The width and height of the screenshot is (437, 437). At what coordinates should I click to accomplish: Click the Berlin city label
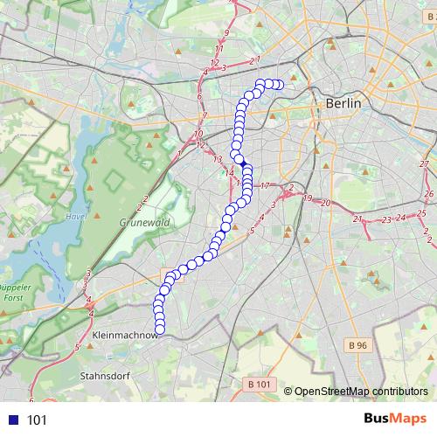[x=343, y=103]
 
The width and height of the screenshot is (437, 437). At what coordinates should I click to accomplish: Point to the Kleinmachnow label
[x=124, y=335]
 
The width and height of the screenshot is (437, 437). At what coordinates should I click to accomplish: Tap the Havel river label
[x=73, y=217]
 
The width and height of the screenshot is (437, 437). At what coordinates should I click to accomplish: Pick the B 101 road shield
[x=260, y=384]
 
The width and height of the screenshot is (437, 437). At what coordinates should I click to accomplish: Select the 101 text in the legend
[x=38, y=420]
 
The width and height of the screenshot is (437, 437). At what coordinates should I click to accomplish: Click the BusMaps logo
[x=396, y=419]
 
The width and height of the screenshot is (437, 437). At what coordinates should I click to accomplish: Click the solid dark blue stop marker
[x=242, y=162]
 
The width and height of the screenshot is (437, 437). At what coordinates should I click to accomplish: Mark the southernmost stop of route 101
[x=160, y=329]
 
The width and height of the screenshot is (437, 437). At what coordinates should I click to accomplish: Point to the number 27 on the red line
[x=424, y=164]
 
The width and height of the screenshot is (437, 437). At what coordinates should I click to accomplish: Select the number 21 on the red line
[x=358, y=218]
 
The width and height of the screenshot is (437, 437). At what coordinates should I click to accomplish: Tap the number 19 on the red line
[x=308, y=198]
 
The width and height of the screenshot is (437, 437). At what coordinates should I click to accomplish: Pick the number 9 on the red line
[x=226, y=33]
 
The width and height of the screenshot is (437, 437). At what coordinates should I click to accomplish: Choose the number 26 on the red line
[x=427, y=193]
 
